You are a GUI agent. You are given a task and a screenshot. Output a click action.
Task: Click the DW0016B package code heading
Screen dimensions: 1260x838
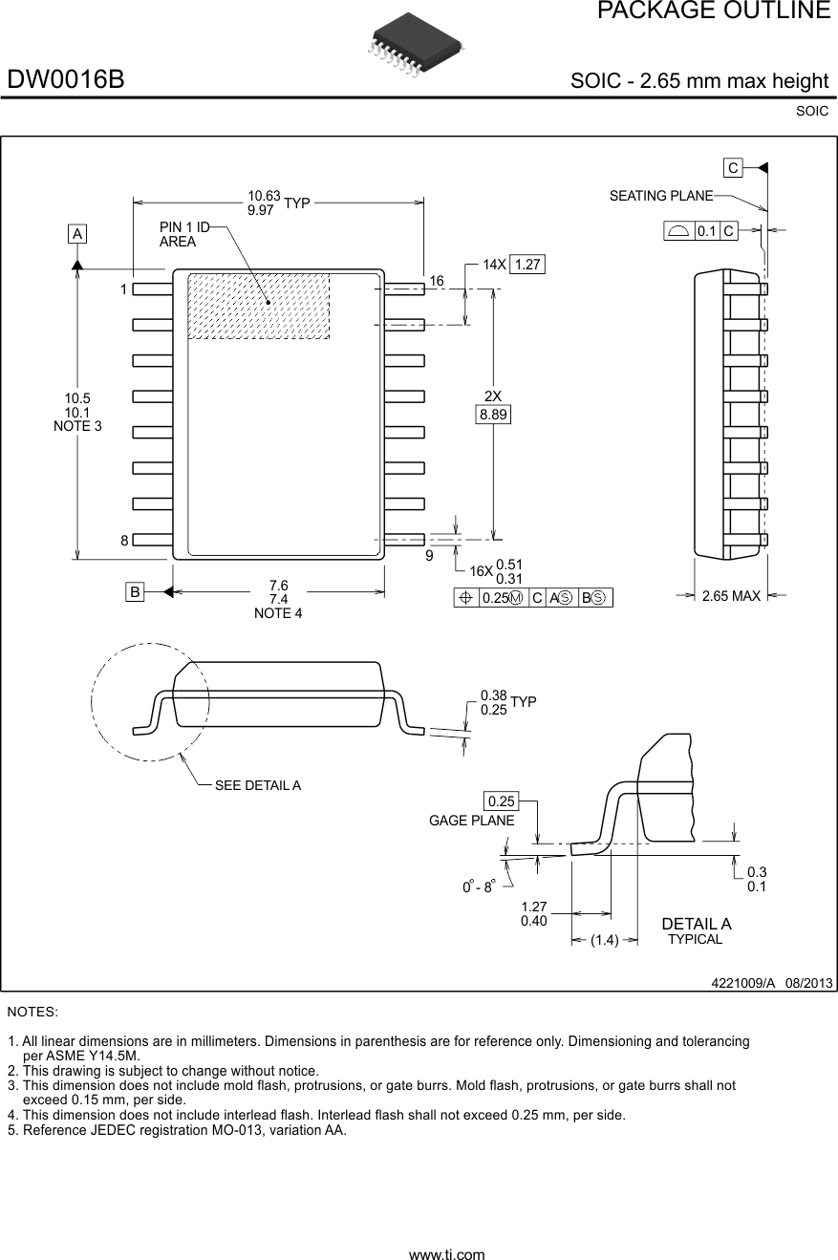66,80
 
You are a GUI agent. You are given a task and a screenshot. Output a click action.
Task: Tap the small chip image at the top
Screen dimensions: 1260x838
414,45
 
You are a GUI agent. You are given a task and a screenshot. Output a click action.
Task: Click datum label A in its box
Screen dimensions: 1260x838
76,234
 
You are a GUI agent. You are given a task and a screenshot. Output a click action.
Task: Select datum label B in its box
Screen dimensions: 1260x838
136,592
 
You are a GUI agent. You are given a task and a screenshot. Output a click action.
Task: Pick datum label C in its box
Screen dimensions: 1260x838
732,168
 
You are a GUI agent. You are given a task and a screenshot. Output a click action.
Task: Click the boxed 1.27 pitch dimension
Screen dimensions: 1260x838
526,265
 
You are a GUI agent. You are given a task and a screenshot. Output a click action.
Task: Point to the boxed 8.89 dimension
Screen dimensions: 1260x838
493,415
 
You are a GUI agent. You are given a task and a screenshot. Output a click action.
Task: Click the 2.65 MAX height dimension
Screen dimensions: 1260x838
731,596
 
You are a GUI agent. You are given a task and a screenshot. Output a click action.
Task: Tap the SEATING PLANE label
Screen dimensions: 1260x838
661,196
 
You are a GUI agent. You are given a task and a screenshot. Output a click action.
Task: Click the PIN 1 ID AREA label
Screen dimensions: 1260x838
183,234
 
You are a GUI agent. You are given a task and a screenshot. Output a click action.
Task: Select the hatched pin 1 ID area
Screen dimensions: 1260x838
258,306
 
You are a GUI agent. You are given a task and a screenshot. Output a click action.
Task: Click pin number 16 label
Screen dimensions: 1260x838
437,281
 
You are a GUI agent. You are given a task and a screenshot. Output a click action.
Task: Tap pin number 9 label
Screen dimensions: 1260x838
429,555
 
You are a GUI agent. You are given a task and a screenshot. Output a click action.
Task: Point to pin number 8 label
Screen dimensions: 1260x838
124,541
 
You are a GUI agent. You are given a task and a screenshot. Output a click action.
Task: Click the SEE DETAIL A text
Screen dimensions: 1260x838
257,785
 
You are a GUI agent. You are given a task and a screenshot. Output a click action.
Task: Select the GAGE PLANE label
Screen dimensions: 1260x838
471,821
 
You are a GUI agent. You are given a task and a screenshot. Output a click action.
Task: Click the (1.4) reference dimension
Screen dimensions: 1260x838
604,940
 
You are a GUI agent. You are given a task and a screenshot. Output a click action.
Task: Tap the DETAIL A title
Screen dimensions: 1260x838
696,924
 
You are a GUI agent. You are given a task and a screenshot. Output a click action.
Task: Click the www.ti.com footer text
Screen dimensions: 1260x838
446,1254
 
